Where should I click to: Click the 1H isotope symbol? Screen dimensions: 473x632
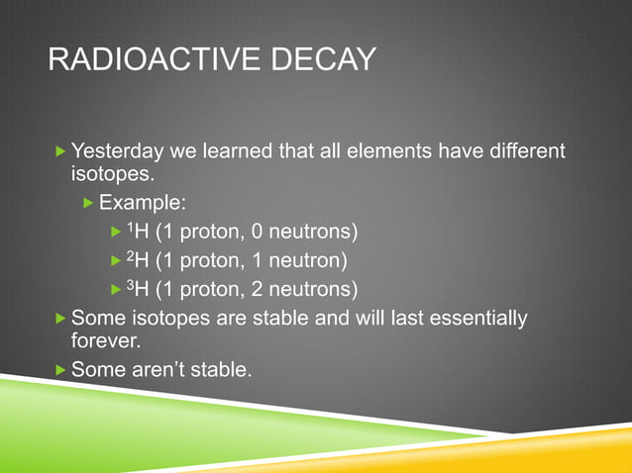click(139, 233)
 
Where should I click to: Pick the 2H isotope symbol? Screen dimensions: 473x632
click(139, 261)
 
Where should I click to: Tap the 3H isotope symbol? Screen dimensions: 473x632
click(139, 289)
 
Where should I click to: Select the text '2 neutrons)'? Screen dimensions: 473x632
click(302, 289)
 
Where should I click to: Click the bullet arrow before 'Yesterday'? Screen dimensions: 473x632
click(61, 152)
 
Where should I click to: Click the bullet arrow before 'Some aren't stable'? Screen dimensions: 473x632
click(61, 371)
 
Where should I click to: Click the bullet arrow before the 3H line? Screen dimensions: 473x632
click(115, 289)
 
